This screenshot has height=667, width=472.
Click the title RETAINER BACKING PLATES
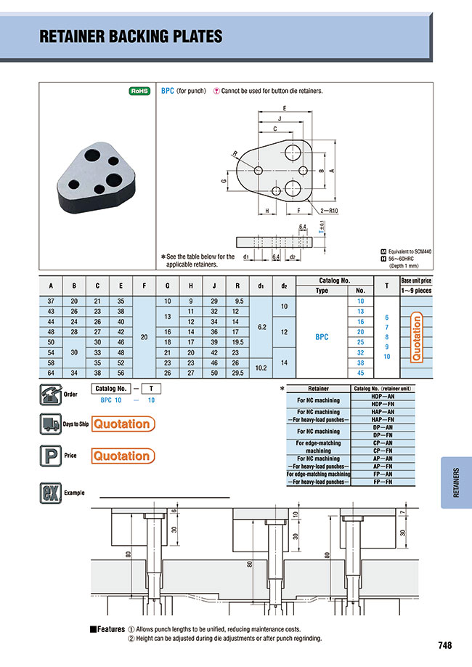(131, 36)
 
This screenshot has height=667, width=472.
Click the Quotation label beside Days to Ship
(122, 424)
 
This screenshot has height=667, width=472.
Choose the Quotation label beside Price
(122, 456)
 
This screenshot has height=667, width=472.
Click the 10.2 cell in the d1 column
(261, 368)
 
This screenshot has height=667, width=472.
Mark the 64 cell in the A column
(51, 373)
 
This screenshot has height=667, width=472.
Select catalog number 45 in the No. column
(360, 373)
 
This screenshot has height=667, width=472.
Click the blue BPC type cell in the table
(321, 336)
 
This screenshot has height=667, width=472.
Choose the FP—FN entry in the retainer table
(383, 482)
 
